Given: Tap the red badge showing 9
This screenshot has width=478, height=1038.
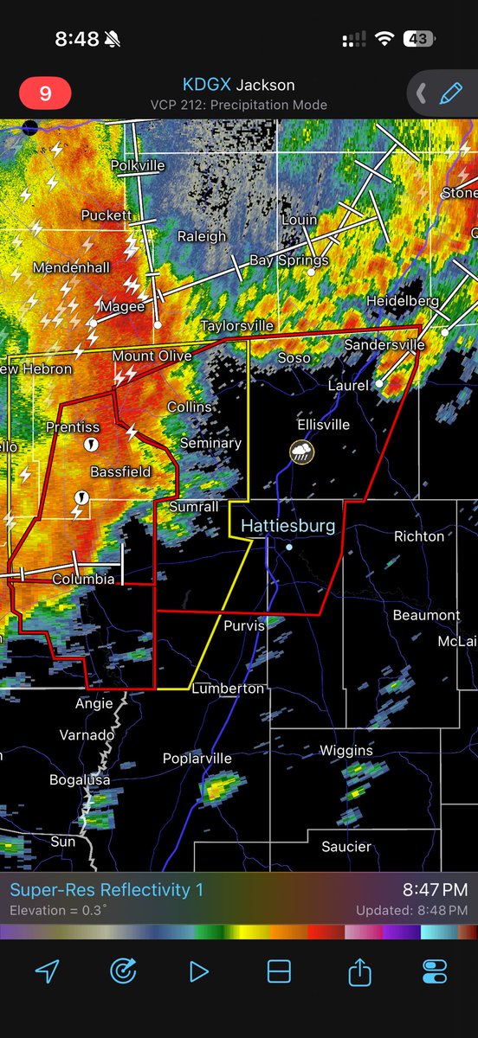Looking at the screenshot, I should [x=45, y=93].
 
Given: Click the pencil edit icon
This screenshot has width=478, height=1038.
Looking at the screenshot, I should [x=451, y=93].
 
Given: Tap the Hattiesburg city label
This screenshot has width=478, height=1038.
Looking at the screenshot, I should [x=287, y=525].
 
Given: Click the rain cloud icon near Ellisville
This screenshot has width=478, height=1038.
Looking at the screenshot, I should [x=302, y=451].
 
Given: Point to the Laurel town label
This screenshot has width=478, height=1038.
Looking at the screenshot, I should [x=348, y=385].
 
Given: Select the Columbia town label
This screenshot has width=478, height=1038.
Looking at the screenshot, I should [x=83, y=579].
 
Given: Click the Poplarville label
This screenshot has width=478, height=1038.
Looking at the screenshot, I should [x=197, y=759].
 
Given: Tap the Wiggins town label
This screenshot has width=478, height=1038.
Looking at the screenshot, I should [x=346, y=750].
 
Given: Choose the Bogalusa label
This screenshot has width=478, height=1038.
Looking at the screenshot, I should [x=79, y=780].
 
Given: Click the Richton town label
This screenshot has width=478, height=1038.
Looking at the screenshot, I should [x=419, y=536].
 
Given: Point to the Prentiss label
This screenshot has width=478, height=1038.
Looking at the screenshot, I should [x=73, y=427].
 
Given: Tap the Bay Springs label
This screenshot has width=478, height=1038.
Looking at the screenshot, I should [x=289, y=259].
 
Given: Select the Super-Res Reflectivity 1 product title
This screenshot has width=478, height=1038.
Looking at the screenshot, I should [x=107, y=890].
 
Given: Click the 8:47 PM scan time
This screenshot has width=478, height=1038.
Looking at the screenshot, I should [x=435, y=890].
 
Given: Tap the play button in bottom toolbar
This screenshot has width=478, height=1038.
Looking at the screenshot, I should [x=199, y=971].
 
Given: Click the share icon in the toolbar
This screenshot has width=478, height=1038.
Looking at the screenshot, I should [x=358, y=971].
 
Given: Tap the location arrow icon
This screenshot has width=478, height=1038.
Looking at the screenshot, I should [x=47, y=971].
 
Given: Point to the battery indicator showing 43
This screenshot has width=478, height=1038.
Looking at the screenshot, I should [x=418, y=39].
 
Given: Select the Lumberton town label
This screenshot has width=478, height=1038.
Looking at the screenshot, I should [x=228, y=689].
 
